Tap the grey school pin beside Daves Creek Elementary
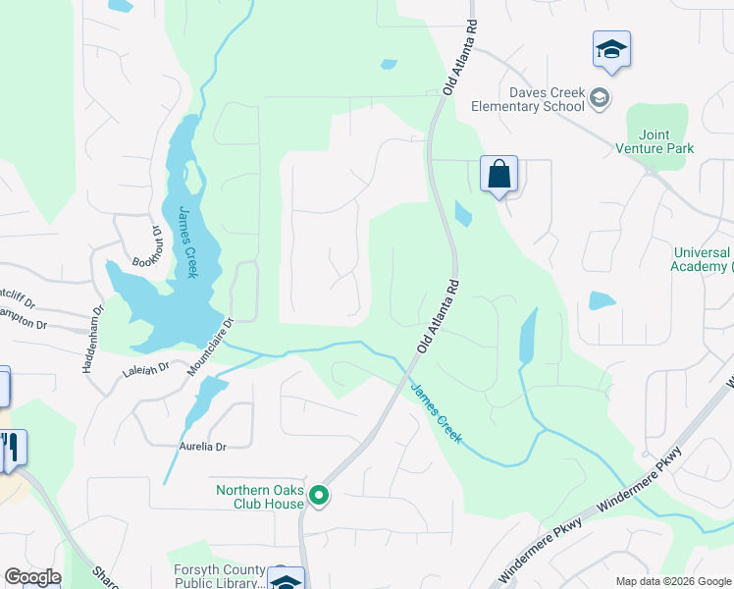(x=600, y=96)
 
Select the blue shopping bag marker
(x=498, y=175)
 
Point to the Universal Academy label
(x=702, y=259)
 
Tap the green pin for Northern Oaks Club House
(x=318, y=497)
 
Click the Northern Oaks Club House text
(x=260, y=498)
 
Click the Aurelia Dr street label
(x=203, y=447)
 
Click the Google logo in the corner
(x=31, y=577)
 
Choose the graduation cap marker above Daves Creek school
(x=611, y=50)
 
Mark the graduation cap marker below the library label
(x=286, y=581)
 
